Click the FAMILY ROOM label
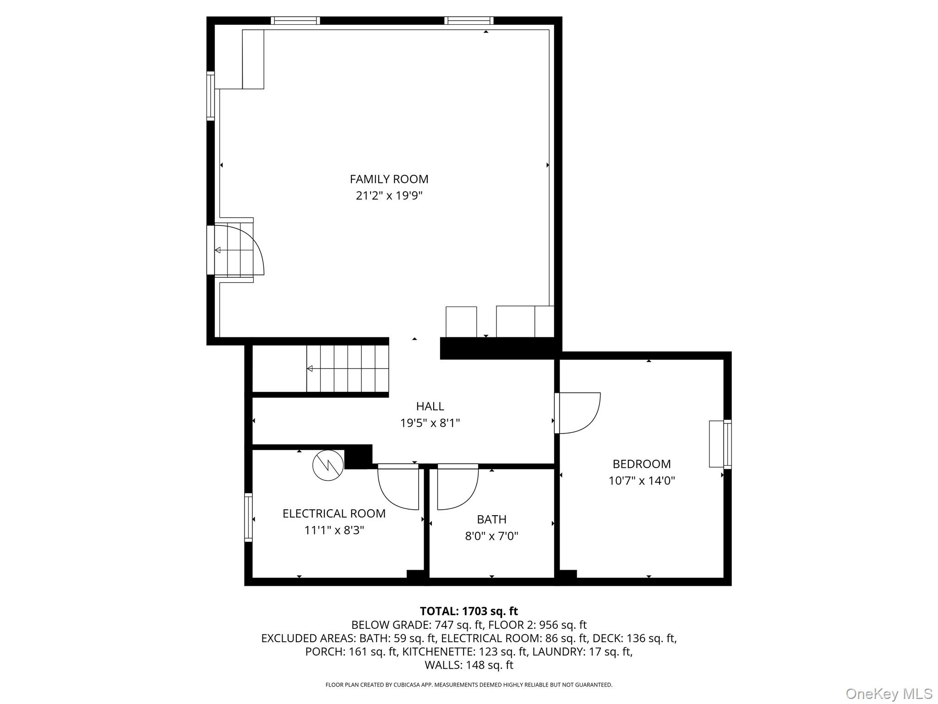[389, 179]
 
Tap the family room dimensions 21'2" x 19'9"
[389, 196]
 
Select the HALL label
[430, 406]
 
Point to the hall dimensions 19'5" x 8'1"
[430, 423]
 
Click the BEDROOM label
[642, 464]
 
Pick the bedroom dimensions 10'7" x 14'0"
[642, 481]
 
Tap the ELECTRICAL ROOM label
[334, 513]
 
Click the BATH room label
[491, 519]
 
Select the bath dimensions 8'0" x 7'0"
[491, 536]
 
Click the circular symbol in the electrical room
[328, 465]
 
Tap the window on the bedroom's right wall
[727, 444]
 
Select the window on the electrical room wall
[248, 517]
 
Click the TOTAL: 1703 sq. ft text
[469, 611]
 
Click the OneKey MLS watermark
[889, 693]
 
